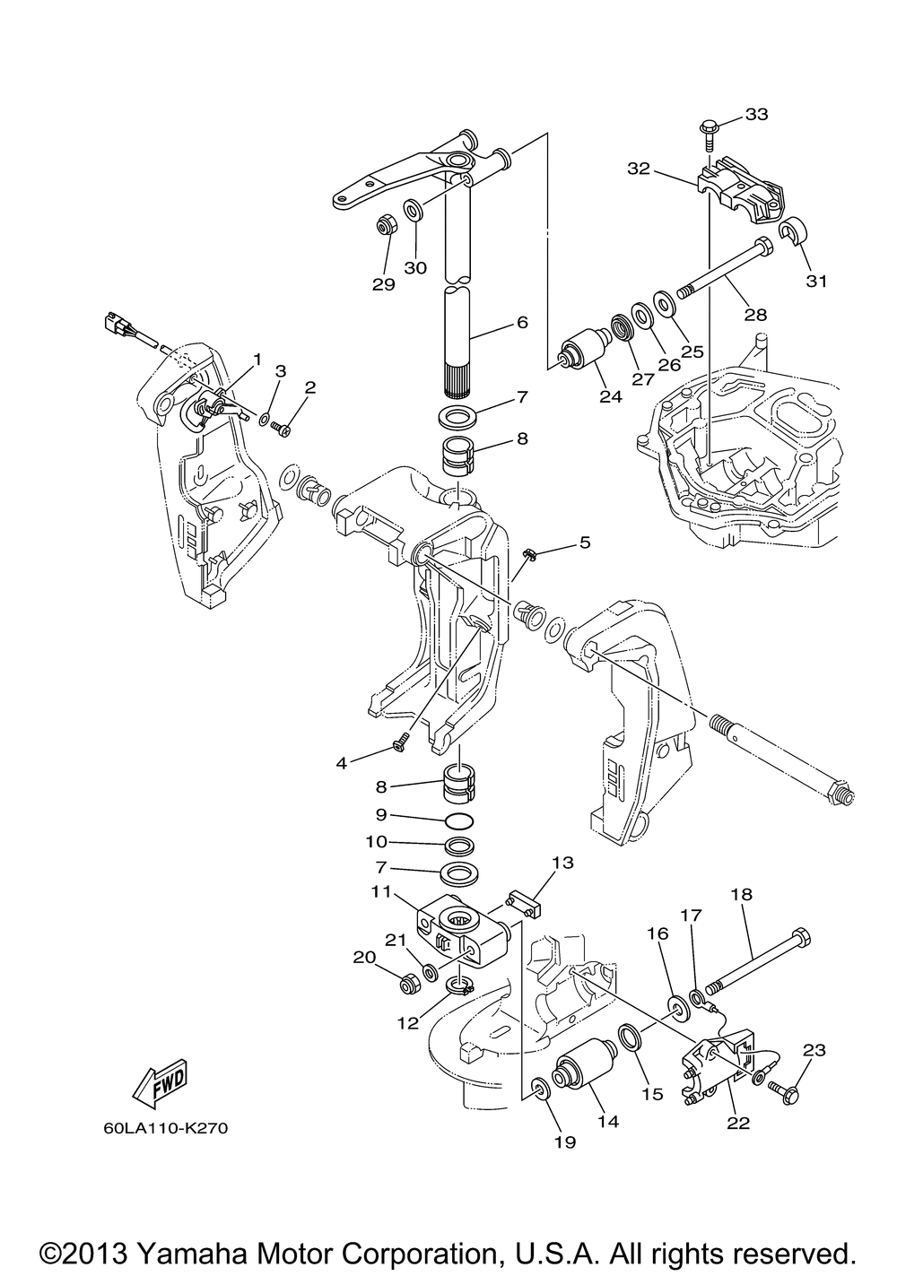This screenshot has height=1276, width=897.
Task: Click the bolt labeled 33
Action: point(706,135)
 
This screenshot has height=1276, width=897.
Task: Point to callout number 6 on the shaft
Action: point(521,322)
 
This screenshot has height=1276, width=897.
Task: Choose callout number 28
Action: point(755,315)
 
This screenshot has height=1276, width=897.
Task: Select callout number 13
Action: point(562,863)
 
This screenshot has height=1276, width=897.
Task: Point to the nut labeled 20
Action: point(405,984)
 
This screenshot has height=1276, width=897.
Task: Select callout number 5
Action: point(585,542)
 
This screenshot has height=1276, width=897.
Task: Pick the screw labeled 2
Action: point(283,430)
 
